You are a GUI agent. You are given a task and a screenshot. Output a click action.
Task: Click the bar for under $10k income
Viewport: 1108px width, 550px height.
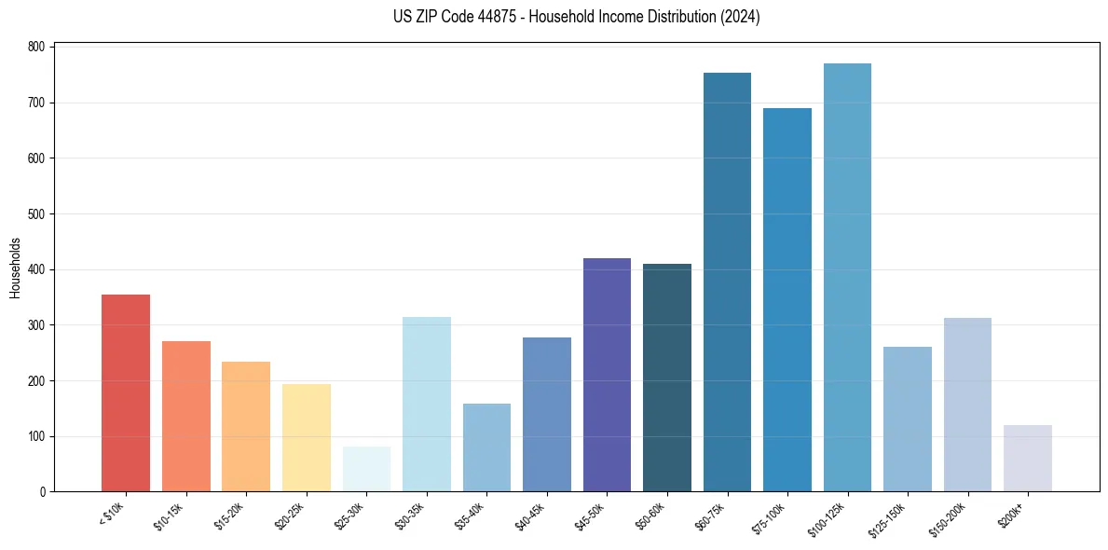point(126,393)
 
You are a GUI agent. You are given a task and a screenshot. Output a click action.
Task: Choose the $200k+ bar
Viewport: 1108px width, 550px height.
point(1027,459)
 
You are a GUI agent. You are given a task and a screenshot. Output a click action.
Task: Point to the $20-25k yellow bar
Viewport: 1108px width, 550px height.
point(307,438)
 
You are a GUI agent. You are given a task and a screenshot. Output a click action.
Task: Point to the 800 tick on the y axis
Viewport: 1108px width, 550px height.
point(37,47)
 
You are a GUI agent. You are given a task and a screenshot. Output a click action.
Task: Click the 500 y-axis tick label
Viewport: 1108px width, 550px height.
point(37,214)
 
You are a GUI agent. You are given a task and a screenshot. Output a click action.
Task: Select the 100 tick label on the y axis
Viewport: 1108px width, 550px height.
point(37,436)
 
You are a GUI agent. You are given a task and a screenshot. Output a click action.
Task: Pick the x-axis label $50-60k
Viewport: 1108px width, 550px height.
point(650,516)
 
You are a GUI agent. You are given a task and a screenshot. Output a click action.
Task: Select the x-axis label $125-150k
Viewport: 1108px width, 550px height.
point(888,517)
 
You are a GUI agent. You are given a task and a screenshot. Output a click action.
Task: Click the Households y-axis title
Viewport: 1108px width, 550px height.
point(15,268)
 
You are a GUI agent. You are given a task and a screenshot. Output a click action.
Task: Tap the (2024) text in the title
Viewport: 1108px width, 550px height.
point(741,17)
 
